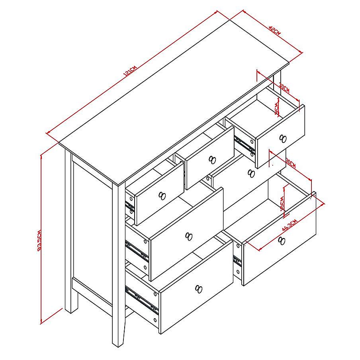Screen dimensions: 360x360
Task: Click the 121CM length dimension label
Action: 130,71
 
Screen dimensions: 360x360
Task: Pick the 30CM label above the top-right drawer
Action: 284,86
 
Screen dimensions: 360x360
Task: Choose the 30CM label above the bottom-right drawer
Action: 290,163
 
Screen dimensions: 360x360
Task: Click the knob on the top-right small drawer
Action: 283,139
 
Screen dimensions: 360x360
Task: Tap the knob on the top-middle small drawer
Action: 212,160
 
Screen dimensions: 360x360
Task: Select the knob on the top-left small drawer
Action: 162,196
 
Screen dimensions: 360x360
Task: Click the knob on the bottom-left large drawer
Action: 199,288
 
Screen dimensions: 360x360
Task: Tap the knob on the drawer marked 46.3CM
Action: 282,240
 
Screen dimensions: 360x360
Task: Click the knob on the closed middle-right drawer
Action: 250,173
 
